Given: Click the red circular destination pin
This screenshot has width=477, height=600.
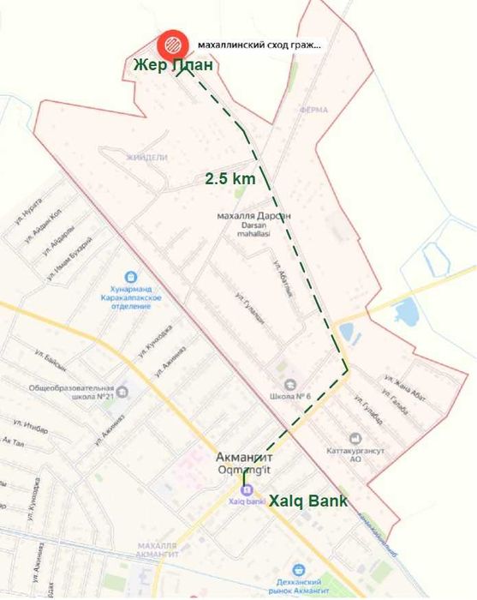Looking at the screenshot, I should coord(173,43).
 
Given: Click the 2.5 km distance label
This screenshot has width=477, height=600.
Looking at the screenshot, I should coord(230,179).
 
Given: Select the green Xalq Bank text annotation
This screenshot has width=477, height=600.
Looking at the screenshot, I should coord(309,501).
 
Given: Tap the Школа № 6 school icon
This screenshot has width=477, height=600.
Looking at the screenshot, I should coord(290,384).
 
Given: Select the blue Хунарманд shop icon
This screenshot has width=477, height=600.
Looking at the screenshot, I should coord(130,278).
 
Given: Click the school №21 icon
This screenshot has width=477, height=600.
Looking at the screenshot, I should coord(122,392).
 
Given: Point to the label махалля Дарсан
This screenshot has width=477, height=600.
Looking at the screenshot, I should coord(255,216).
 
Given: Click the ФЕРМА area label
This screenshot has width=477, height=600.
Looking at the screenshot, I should coord(314,111).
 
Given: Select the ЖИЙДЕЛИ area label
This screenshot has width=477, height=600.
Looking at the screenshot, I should coord(146,158).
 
